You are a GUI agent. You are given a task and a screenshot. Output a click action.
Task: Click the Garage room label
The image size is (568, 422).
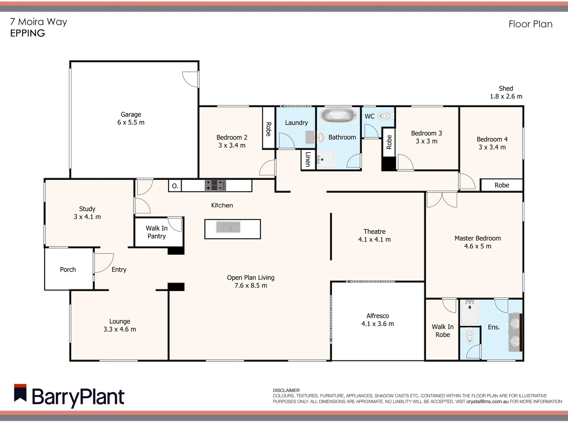point(131,114)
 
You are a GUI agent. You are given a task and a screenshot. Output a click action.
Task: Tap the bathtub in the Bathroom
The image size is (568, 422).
point(338,116)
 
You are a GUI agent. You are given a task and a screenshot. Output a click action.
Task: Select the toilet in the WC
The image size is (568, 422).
point(385,116)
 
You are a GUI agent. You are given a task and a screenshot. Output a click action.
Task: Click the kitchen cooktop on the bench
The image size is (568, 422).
point(215,185)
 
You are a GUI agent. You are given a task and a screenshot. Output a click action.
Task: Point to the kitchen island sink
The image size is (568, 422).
point(229,227)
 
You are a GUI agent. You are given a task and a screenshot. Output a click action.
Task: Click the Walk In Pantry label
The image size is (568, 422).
point(157,232)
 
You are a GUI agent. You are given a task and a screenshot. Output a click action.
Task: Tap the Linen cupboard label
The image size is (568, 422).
point(308,159)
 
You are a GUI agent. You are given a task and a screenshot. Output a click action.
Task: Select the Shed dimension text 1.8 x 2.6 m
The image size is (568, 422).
point(506,97)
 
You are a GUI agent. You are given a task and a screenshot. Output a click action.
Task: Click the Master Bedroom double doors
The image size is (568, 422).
point(442,199)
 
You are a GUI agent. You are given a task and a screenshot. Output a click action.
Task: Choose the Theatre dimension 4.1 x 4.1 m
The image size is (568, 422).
point(374,240)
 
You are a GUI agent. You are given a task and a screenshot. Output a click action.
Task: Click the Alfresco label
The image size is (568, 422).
point(377,316)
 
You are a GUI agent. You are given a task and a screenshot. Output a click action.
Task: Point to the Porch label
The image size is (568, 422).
point(68,270)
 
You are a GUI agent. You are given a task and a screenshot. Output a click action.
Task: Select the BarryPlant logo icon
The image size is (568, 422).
point(20,393)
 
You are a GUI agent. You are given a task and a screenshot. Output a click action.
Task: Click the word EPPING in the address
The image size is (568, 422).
point(27,33)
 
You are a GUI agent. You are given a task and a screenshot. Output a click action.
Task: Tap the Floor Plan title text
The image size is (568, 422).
point(530,24)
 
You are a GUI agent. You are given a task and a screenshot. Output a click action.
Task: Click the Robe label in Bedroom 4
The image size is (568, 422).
point(502,185)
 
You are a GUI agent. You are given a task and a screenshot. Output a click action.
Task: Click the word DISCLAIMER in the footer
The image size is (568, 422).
point(286,390)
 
